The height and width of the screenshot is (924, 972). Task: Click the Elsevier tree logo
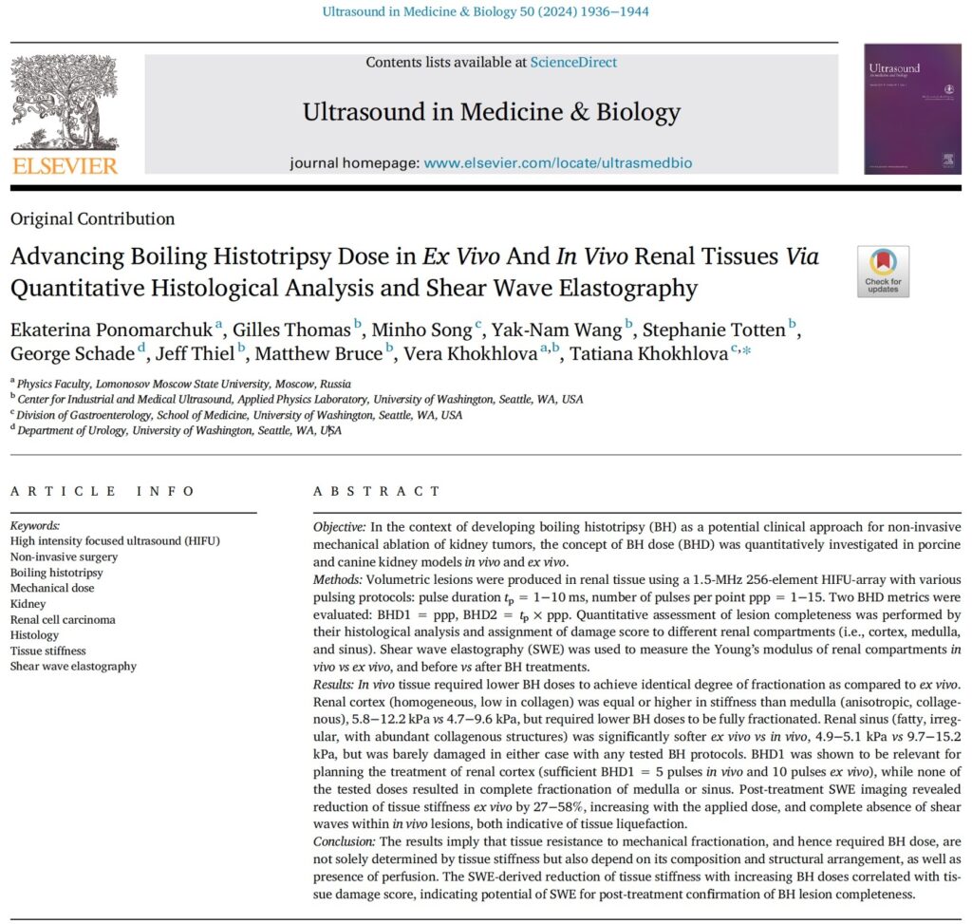point(64,103)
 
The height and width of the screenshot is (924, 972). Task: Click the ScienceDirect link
point(573,63)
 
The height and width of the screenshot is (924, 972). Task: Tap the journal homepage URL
point(558,163)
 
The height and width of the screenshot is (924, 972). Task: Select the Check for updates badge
point(883,272)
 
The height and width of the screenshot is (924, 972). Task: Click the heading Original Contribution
point(92,219)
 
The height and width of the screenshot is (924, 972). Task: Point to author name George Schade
point(72,353)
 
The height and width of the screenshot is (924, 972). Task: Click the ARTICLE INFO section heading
point(103,492)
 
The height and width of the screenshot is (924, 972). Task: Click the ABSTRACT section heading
point(377,492)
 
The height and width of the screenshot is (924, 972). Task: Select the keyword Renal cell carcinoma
point(63,620)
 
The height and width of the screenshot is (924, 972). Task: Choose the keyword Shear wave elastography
point(73,666)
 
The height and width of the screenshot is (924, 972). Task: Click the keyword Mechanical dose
point(52,589)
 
